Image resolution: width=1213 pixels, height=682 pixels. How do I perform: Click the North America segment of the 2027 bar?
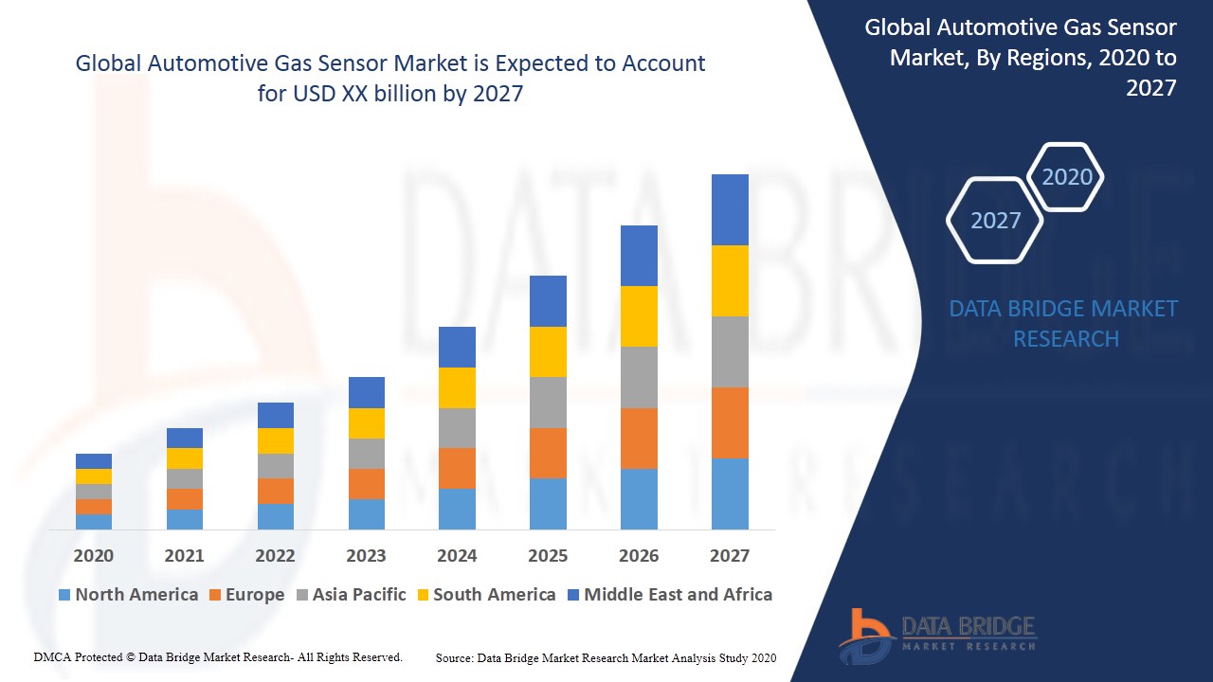(730, 494)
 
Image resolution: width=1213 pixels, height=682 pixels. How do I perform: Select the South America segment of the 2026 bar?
(639, 316)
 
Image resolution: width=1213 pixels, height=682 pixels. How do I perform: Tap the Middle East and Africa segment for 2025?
(548, 301)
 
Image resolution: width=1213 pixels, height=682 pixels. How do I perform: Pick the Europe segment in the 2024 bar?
(457, 468)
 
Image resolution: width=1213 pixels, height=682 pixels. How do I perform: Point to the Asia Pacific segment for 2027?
(730, 351)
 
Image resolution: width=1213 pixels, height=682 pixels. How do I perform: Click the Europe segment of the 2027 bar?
(730, 422)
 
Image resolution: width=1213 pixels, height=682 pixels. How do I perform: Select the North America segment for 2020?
(94, 521)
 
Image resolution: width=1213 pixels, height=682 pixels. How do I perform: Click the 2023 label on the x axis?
(366, 556)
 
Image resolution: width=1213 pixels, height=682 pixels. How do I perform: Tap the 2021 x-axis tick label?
(184, 556)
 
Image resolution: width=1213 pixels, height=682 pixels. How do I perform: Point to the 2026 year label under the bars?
(639, 556)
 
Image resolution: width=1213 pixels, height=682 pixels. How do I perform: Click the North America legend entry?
(128, 595)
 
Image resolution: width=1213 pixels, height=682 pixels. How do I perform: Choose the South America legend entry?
(484, 595)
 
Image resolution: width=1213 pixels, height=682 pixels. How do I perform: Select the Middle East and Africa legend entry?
(669, 595)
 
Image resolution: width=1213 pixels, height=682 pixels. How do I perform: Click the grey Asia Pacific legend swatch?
(302, 596)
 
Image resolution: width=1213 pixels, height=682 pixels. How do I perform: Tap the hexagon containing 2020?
(1066, 177)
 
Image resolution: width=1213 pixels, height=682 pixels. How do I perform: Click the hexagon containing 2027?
(995, 220)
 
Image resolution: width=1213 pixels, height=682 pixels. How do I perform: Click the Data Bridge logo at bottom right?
(937, 635)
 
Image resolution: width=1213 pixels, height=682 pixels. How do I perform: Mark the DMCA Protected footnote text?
(218, 656)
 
